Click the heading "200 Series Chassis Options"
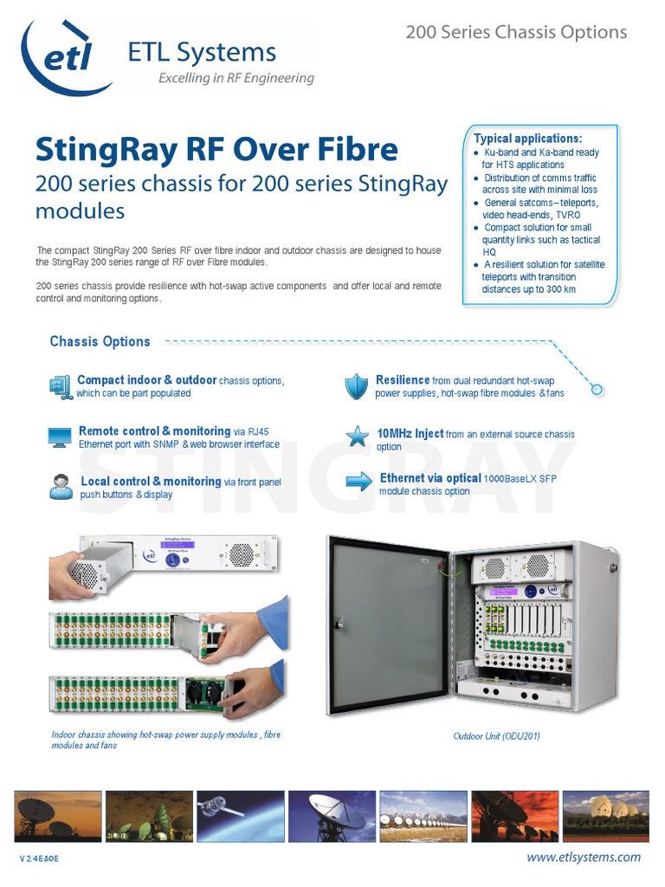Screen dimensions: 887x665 pos(516,32)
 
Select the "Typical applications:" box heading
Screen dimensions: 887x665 pos(528,139)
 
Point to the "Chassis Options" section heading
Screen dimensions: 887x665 pos(100,341)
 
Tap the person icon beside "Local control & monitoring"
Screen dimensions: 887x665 pos(61,487)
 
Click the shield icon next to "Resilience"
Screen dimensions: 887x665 pos(356,386)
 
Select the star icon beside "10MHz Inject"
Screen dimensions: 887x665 pos(358,436)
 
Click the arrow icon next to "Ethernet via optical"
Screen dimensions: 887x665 pos(358,482)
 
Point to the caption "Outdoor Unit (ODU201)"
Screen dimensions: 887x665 pos(497,736)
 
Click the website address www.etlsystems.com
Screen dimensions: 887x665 pos(584,857)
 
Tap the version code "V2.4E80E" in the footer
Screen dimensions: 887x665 pos(39,858)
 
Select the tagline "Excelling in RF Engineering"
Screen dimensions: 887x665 pos(236,78)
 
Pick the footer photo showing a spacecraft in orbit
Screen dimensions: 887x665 pos(240,815)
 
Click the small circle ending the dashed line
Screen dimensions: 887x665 pos(597,390)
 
